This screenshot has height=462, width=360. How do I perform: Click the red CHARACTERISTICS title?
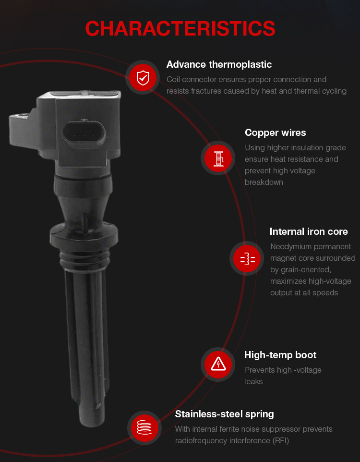click(180, 29)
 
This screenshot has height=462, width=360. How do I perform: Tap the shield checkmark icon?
click(143, 78)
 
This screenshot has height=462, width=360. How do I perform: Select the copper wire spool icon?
click(218, 158)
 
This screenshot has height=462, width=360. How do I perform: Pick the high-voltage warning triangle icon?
click(218, 365)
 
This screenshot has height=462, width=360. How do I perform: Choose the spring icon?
click(144, 427)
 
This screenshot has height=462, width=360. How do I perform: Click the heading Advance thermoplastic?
click(219, 64)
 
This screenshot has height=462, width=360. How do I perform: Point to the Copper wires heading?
click(275, 133)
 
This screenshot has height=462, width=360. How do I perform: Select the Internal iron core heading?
click(309, 231)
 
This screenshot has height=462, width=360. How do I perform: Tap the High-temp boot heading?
click(280, 355)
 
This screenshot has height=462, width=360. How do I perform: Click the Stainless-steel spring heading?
click(224, 414)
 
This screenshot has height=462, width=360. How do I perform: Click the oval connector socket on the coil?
click(84, 135)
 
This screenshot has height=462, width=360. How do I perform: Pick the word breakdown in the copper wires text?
click(264, 182)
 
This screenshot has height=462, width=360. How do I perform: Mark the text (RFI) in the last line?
click(280, 441)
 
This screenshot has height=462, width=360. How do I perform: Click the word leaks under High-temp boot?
click(253, 382)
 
